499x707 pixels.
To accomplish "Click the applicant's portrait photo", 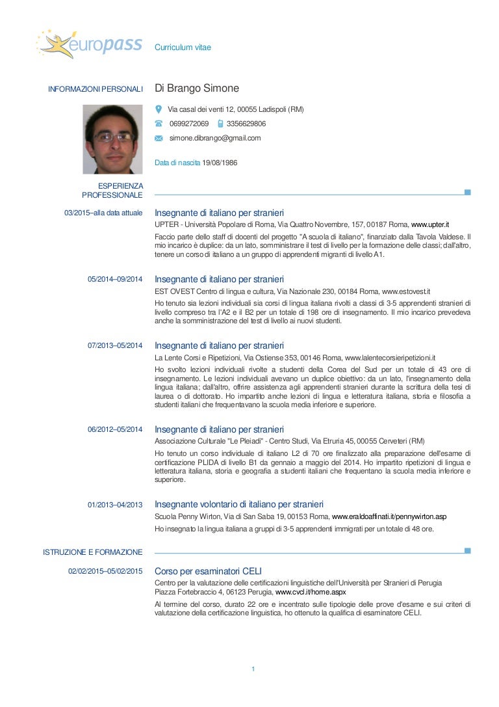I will pyautogui.click(x=112, y=139).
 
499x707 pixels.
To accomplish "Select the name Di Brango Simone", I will pyautogui.click(x=197, y=88).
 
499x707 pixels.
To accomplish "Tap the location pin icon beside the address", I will pyautogui.click(x=159, y=109).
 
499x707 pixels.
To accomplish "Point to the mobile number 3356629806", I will pyautogui.click(x=246, y=124).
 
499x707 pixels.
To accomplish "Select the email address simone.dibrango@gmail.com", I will pyautogui.click(x=215, y=138).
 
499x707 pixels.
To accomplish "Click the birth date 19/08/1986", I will pyautogui.click(x=220, y=163).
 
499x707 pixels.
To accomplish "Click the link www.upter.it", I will pyautogui.click(x=430, y=224).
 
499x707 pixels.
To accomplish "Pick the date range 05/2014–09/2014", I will pyautogui.click(x=115, y=279).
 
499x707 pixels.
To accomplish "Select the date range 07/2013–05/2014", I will pyautogui.click(x=115, y=345).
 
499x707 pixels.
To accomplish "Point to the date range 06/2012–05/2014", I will pyautogui.click(x=115, y=429).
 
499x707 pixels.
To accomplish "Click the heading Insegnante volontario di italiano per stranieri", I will pyautogui.click(x=239, y=504).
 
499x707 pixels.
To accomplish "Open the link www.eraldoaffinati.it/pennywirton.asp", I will pyautogui.click(x=389, y=516).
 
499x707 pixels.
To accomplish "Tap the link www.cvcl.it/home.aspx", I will pyautogui.click(x=311, y=593).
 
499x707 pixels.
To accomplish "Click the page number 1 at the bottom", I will pyautogui.click(x=253, y=669).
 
